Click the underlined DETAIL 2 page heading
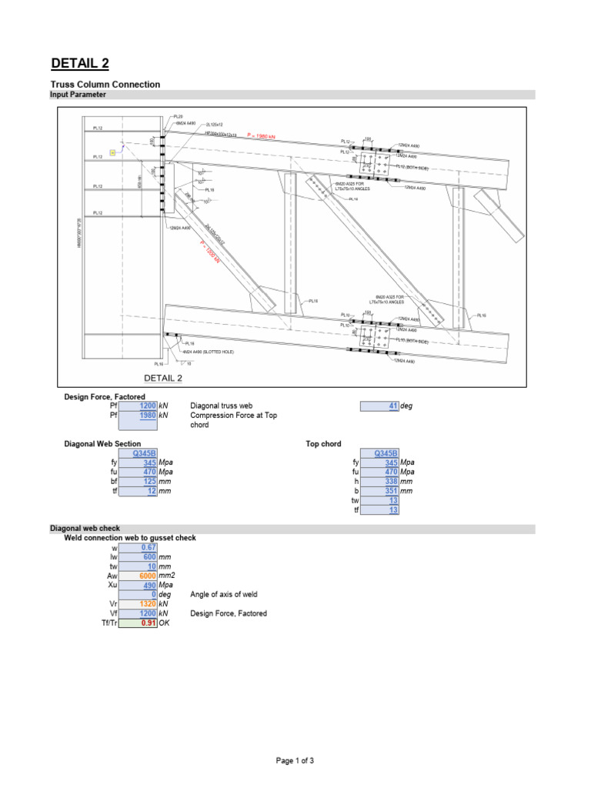coord(85,63)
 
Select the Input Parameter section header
coord(78,95)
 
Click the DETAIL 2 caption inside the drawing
coord(164,378)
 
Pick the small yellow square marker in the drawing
coord(113,152)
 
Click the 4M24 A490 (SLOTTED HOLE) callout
coord(208,352)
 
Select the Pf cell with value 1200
coord(139,406)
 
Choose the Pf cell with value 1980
coord(139,416)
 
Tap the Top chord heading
coord(323,444)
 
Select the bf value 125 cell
coord(139,481)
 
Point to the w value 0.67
coord(139,547)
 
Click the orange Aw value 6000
coord(139,576)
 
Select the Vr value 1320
coord(139,604)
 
